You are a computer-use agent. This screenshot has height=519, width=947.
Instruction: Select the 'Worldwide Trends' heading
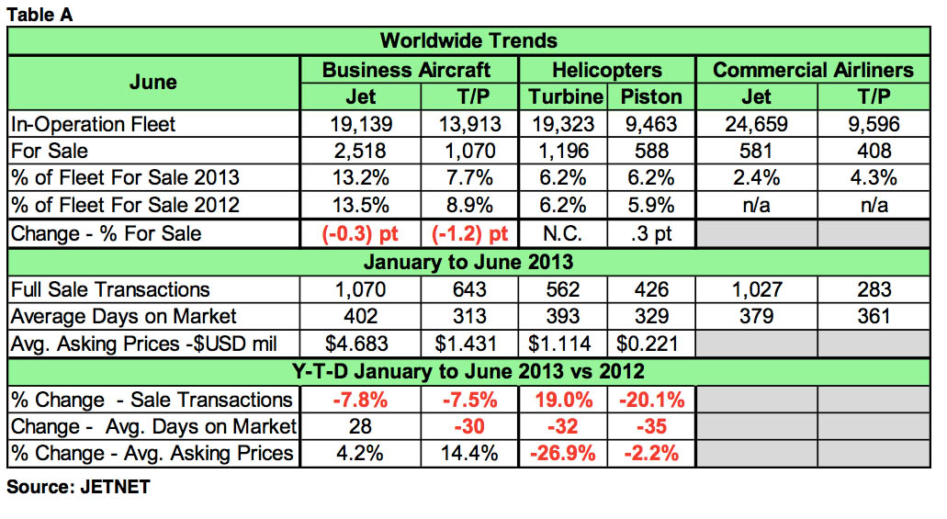point(468,40)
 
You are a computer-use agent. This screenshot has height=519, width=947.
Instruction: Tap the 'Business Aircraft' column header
point(408,70)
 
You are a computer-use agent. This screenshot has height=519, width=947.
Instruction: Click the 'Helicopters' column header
point(606,70)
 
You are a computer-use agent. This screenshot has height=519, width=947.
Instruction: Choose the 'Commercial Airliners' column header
point(813,70)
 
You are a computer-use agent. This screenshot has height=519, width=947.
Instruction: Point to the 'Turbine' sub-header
point(565,96)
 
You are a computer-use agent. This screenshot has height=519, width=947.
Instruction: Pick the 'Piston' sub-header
point(651,96)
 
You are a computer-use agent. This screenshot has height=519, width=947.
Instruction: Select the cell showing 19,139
point(361,124)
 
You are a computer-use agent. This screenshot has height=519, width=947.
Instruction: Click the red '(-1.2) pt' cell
point(468,233)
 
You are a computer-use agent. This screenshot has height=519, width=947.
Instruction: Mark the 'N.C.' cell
point(564,233)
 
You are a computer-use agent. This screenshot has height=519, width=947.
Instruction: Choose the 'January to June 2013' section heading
point(468,262)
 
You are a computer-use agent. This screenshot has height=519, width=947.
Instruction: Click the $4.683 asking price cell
point(361,344)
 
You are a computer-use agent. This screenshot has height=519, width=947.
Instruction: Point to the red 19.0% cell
point(564,400)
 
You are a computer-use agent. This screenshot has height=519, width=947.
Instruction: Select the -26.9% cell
point(564,454)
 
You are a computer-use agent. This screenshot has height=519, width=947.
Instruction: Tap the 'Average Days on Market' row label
point(124,317)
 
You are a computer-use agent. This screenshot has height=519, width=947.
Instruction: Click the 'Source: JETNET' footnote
point(77,488)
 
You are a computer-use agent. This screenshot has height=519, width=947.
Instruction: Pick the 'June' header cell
point(153,83)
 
